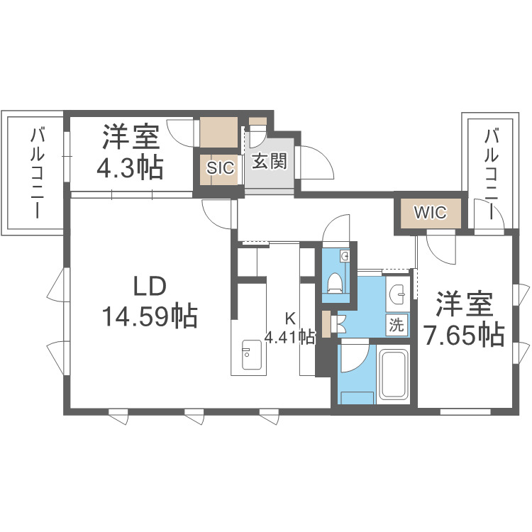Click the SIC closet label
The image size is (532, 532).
[220, 168]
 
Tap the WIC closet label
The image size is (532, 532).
[428, 211]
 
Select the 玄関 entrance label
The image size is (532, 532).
[270, 162]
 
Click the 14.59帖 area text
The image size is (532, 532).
[150, 316]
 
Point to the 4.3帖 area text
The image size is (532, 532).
[130, 168]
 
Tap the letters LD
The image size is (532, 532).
[150, 287]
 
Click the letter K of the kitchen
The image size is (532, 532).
[289, 318]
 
